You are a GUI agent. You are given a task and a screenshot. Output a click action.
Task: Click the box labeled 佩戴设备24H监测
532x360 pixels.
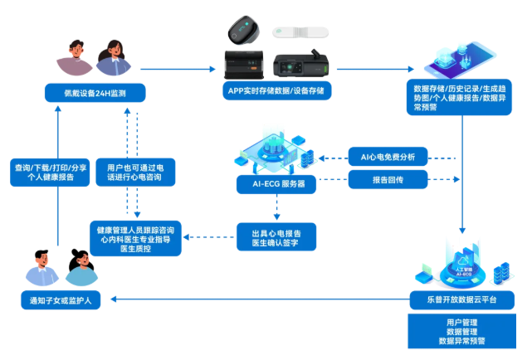(95, 93)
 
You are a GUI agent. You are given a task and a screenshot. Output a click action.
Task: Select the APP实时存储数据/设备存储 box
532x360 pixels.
(276, 90)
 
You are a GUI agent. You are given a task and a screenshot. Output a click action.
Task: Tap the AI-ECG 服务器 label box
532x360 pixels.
(276, 184)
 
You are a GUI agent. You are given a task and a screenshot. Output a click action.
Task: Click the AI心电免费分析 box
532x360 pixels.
(388, 157)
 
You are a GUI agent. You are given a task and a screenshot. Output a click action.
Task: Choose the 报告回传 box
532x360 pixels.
(388, 179)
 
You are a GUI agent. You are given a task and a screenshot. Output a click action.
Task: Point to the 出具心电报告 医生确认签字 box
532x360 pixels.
(276, 237)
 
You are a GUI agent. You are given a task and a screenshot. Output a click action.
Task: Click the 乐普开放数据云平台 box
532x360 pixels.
(461, 300)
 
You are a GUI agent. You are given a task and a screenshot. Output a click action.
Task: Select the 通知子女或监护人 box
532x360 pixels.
(61, 300)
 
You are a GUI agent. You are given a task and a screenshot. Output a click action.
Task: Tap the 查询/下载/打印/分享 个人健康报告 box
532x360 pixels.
(50, 173)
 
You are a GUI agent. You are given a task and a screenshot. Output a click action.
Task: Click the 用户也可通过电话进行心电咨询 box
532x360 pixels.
(135, 173)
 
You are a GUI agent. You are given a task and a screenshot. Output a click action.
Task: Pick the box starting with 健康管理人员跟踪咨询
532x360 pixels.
(135, 239)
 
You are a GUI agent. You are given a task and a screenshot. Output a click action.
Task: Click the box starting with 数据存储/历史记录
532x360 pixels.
(459, 98)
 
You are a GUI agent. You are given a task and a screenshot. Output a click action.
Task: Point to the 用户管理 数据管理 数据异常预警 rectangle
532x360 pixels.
(461, 331)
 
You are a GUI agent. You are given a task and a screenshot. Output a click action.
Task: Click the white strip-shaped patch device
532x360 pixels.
(300, 32)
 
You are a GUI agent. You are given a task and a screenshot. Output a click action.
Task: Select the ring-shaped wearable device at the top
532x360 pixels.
(244, 30)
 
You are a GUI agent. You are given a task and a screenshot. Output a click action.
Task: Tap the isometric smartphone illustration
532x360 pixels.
(460, 60)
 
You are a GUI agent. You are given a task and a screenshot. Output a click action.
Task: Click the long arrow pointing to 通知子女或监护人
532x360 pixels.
(261, 299)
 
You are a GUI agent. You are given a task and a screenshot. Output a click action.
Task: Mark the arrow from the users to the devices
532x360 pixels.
(178, 69)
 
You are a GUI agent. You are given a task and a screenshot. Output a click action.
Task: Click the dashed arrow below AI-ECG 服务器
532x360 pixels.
(277, 207)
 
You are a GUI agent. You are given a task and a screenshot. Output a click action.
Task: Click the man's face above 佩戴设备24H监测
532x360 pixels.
(76, 50)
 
